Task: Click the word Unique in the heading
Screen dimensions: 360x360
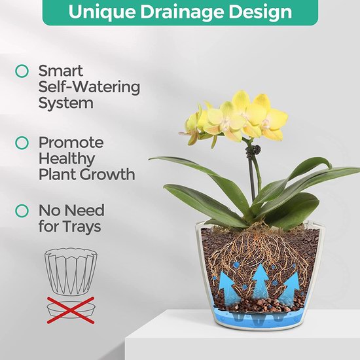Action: pyautogui.click(x=102, y=11)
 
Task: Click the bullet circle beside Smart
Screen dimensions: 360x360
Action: pyautogui.click(x=22, y=71)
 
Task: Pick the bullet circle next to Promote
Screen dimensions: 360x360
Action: pyautogui.click(x=22, y=143)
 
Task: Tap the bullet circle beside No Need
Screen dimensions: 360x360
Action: pyautogui.click(x=22, y=211)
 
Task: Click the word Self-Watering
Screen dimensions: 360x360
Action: pyautogui.click(x=89, y=87)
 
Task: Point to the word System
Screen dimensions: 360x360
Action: pyautogui.click(x=66, y=103)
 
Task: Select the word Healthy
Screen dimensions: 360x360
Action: pyautogui.click(x=67, y=159)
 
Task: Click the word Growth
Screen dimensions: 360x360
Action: pyautogui.click(x=107, y=174)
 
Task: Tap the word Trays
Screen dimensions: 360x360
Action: pyautogui.click(x=82, y=226)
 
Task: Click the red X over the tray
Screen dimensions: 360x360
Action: pyautogui.click(x=71, y=310)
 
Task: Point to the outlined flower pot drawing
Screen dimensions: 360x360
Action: pyautogui.click(x=71, y=272)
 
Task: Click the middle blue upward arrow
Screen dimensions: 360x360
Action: pyautogui.click(x=261, y=281)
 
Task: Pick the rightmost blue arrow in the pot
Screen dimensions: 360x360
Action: pyautogui.click(x=290, y=289)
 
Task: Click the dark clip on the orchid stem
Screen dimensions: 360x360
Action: pyautogui.click(x=254, y=151)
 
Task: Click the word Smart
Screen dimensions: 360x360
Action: pyautogui.click(x=61, y=71)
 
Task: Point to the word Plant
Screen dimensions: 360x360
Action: pyautogui.click(x=57, y=174)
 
